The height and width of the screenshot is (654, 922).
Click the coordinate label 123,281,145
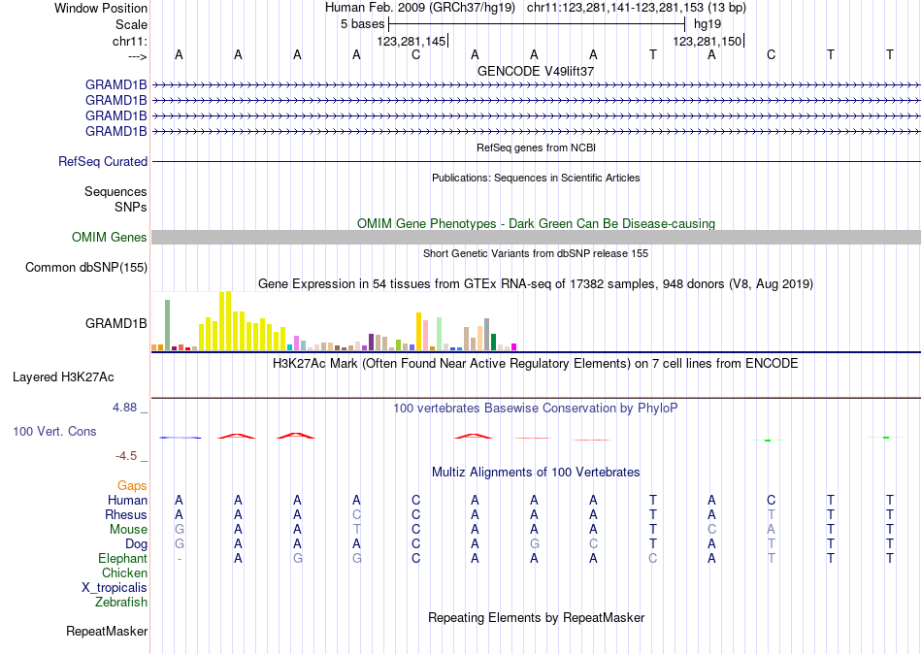(412, 41)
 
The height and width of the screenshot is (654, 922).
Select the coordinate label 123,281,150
(708, 41)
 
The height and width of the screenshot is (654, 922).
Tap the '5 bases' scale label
(361, 24)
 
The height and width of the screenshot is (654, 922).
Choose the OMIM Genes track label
(110, 238)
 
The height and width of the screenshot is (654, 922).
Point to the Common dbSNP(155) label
(86, 268)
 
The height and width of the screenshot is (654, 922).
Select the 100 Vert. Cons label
(54, 431)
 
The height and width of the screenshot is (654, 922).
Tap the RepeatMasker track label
(107, 632)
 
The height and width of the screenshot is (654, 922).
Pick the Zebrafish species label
(121, 603)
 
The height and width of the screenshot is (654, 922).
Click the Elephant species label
(122, 559)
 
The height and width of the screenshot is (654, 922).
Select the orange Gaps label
(132, 485)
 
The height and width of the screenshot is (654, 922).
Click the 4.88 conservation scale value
(127, 408)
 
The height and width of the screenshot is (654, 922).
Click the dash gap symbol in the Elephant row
(179, 559)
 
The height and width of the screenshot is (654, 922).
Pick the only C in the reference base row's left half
(415, 54)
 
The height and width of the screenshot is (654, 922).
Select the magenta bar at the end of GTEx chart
(514, 345)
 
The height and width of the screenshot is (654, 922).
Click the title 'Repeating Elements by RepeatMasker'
(536, 618)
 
